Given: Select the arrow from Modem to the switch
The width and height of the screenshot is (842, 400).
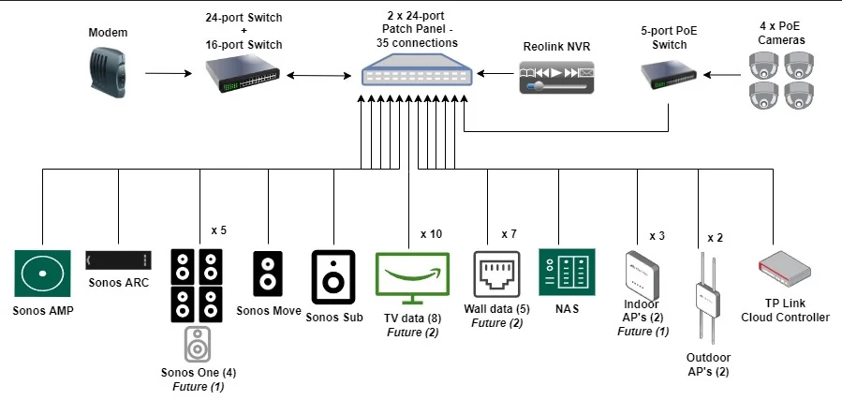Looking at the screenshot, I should (x=168, y=72).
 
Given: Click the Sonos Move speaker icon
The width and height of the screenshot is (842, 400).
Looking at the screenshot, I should (x=268, y=274).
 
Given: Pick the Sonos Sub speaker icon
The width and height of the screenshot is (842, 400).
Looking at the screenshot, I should (x=333, y=275).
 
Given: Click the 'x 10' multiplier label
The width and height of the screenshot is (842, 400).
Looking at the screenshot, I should (x=431, y=233).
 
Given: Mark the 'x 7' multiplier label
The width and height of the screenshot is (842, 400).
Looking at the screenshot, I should (x=510, y=233).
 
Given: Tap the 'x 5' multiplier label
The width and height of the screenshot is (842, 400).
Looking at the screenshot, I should (x=219, y=230).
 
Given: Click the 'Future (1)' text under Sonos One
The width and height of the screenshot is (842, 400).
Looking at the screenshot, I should (x=198, y=386).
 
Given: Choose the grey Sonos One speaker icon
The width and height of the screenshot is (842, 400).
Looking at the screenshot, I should (x=198, y=344).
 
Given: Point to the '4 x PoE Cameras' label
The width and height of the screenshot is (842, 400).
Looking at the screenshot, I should (x=785, y=33).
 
